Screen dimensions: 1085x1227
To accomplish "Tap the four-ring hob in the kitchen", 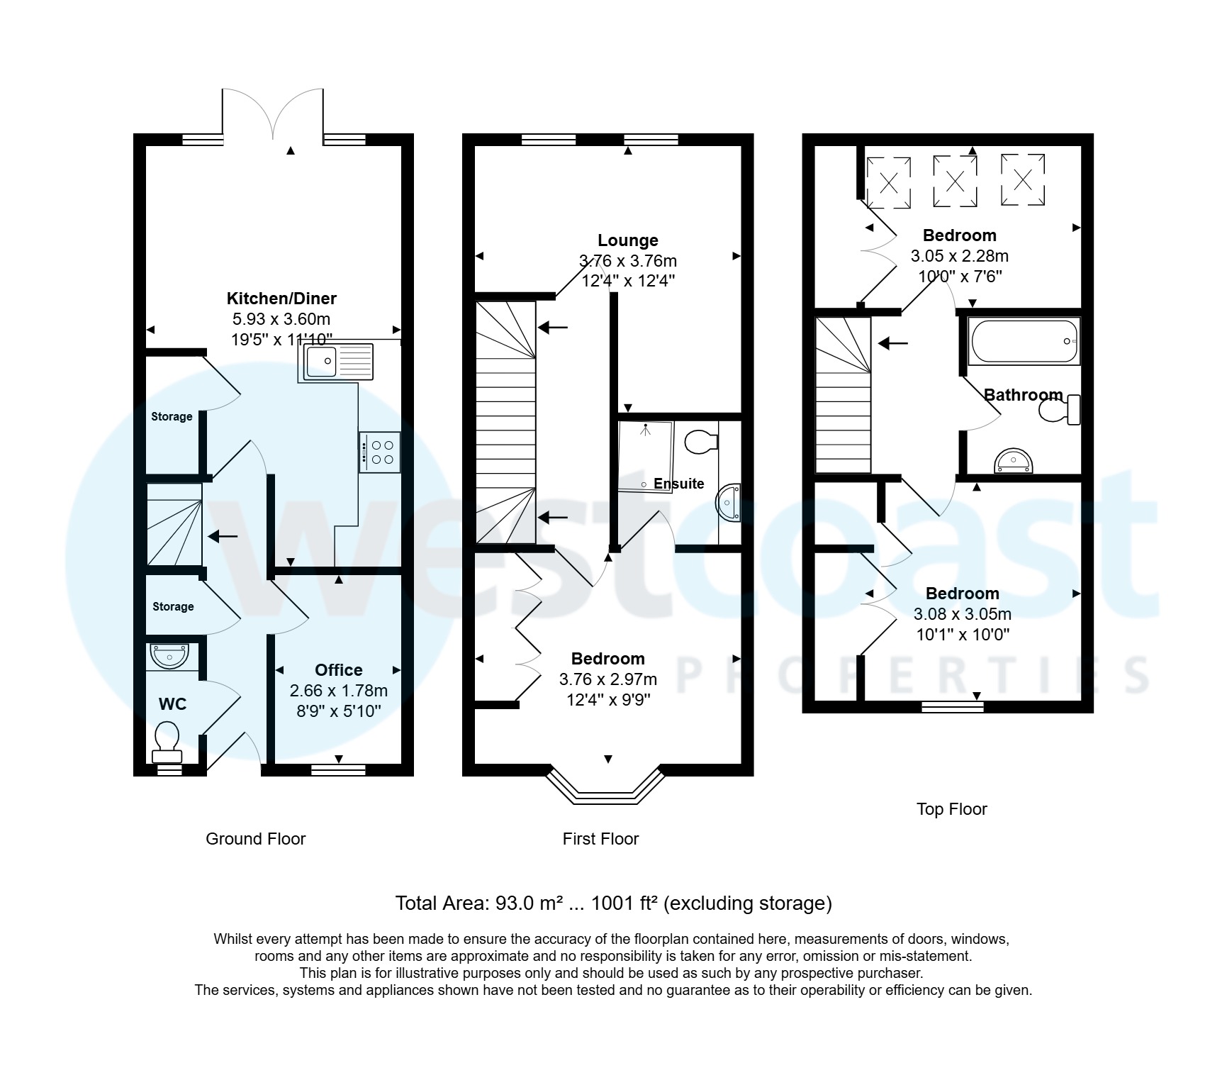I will point(380,452).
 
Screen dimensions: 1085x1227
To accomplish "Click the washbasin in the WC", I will point(169,655).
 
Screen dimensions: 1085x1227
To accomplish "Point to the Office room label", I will point(338,670).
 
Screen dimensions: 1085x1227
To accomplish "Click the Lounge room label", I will point(627,240).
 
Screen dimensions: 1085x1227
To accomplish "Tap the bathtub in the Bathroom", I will point(1024,341).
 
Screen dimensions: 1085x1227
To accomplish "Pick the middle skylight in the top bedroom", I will point(955,182).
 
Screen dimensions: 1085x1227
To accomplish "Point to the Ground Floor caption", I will point(255,839).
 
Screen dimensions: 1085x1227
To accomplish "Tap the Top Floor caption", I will point(951,809).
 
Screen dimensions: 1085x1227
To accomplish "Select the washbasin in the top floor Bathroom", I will point(1014,462).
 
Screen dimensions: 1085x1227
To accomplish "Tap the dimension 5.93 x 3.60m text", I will point(281,319).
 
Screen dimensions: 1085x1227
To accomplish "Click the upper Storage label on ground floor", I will point(172,416).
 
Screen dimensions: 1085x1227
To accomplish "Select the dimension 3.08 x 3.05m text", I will point(962,614).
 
